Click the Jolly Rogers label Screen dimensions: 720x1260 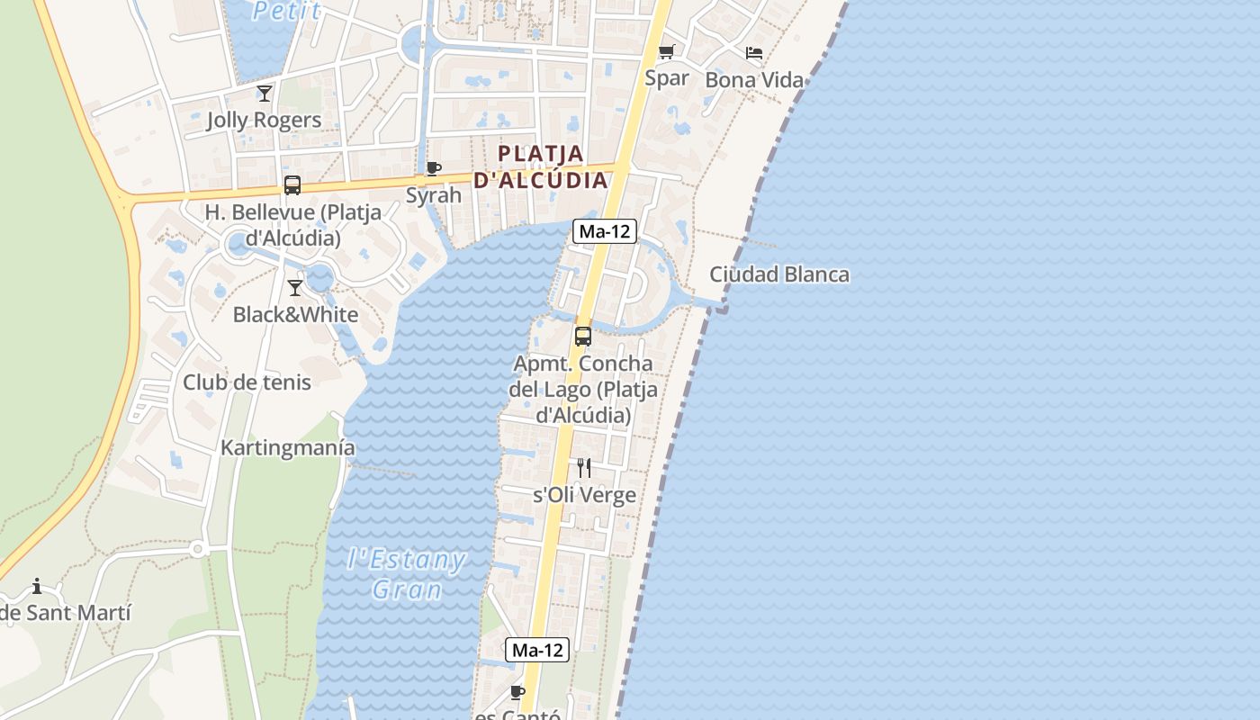pyautogui.click(x=264, y=120)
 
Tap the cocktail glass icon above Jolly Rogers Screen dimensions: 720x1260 pyautogui.click(x=265, y=93)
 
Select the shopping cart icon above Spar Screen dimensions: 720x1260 pyautogui.click(x=666, y=51)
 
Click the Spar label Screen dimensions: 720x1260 pyautogui.click(x=667, y=78)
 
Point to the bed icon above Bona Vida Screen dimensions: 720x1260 pyautogui.click(x=754, y=53)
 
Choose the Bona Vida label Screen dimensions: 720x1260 pyautogui.click(x=754, y=80)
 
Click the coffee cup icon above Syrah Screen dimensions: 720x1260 pyautogui.click(x=433, y=168)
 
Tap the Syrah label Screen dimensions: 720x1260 pyautogui.click(x=433, y=195)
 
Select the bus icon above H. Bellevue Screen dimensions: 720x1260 pyautogui.click(x=292, y=185)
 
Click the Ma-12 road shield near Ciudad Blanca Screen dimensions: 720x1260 pyautogui.click(x=605, y=231)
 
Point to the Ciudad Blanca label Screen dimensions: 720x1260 pyautogui.click(x=779, y=274)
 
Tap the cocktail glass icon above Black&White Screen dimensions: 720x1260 pyautogui.click(x=294, y=288)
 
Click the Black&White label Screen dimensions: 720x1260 pyautogui.click(x=295, y=315)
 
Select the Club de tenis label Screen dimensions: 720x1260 pyautogui.click(x=247, y=382)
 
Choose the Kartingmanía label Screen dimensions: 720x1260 pyautogui.click(x=288, y=448)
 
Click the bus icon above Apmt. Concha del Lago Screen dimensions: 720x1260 pyautogui.click(x=583, y=337)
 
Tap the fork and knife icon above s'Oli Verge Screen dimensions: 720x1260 pyautogui.click(x=584, y=468)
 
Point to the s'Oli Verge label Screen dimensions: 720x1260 pyautogui.click(x=584, y=496)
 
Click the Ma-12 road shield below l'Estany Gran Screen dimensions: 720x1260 pyautogui.click(x=538, y=650)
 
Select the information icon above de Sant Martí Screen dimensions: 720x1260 pyautogui.click(x=37, y=587)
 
